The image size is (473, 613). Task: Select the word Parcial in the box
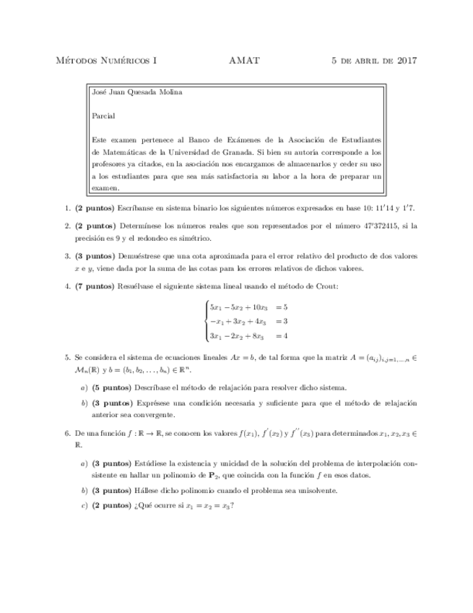tap(104, 116)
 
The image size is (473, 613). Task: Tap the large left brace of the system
tap(207, 321)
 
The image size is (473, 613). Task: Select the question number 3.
tap(67, 256)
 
